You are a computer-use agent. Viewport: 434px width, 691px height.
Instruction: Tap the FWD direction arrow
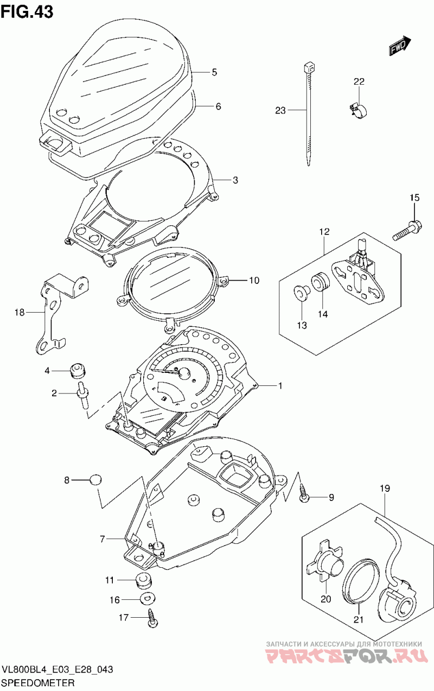click(400, 47)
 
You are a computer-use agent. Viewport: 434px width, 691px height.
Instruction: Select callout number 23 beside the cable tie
click(280, 111)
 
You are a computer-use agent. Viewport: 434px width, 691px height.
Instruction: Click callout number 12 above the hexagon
click(324, 232)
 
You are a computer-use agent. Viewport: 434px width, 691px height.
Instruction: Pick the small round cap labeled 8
click(95, 480)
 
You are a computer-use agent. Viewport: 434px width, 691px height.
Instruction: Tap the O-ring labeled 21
click(360, 582)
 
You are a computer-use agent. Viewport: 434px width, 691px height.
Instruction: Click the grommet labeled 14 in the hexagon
click(320, 283)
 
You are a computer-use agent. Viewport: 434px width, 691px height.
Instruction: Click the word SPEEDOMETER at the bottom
click(38, 681)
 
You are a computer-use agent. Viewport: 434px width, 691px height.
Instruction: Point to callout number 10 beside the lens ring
click(254, 281)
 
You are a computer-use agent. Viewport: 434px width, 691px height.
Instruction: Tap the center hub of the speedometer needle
click(183, 372)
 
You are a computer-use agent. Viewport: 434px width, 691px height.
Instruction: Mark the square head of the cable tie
click(309, 67)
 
